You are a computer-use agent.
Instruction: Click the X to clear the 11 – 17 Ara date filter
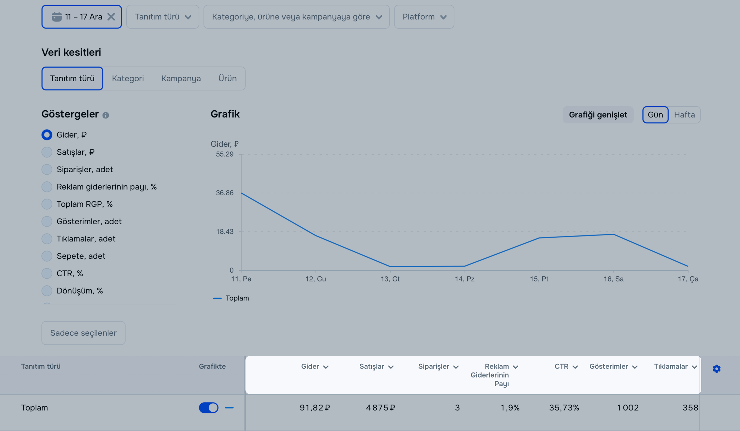coord(111,17)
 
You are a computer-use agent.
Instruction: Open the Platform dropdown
coord(424,17)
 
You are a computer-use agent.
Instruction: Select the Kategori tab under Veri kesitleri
coord(128,78)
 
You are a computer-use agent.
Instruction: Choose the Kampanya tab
coord(181,78)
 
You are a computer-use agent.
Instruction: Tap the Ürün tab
coord(227,78)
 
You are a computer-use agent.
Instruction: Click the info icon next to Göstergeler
coord(106,115)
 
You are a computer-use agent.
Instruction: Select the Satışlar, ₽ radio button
coord(47,152)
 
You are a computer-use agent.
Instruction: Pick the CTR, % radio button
coord(47,273)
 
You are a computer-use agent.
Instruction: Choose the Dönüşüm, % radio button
coord(47,291)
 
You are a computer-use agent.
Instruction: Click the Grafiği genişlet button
coord(598,115)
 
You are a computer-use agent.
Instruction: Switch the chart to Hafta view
coord(684,115)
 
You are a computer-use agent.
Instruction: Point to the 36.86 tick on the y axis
coord(225,193)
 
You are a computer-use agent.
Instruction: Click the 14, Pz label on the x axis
coord(464,279)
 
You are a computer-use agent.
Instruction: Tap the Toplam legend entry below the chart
coord(237,298)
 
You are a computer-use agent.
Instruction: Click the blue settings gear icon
coord(716,369)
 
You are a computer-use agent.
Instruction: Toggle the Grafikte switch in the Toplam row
coord(209,407)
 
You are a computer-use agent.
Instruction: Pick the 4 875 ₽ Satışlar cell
coord(380,407)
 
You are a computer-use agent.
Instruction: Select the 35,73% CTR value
coord(564,407)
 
